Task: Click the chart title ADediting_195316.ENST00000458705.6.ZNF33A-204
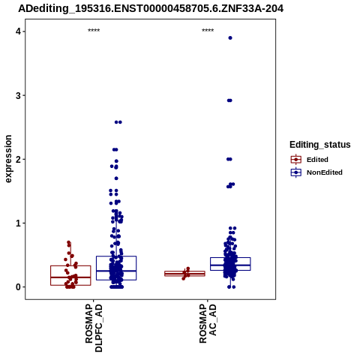151,9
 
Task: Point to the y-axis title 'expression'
8,159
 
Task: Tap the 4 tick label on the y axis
18,31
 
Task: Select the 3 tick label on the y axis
18,95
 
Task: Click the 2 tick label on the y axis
18,159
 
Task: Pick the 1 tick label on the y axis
18,223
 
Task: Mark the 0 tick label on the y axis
18,287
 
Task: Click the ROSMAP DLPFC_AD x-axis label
94,328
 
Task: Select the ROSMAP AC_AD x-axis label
208,323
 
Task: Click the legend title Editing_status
320,145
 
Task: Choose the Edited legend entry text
317,160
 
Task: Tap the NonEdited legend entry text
325,172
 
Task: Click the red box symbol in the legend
296,160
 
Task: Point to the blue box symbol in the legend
296,172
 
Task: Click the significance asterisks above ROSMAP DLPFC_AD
94,31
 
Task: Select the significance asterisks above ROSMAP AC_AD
208,31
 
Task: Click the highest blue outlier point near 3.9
230,38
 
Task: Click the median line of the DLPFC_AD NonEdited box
116,271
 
